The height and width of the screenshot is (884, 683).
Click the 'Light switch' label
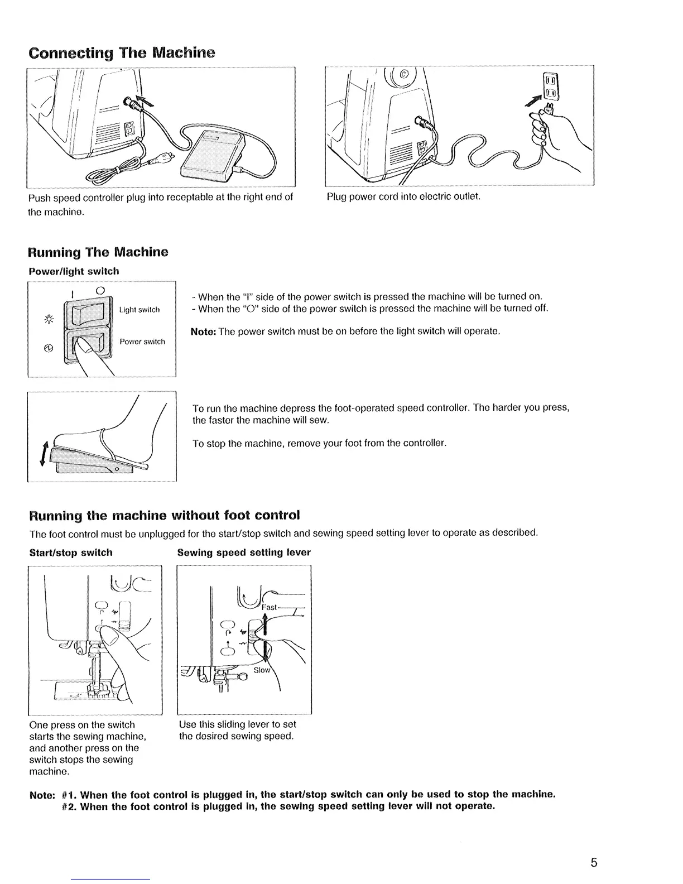(x=140, y=310)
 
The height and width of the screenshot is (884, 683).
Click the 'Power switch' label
(x=142, y=342)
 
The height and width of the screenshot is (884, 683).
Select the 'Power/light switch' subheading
(x=74, y=271)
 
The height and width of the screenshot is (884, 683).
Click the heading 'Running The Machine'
(x=98, y=252)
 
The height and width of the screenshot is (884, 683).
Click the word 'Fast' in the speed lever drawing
(x=270, y=607)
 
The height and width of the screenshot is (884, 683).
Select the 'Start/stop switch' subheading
(x=71, y=552)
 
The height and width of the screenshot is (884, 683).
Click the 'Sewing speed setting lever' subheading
(x=244, y=552)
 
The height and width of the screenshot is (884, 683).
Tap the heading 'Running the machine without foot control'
(x=164, y=514)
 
